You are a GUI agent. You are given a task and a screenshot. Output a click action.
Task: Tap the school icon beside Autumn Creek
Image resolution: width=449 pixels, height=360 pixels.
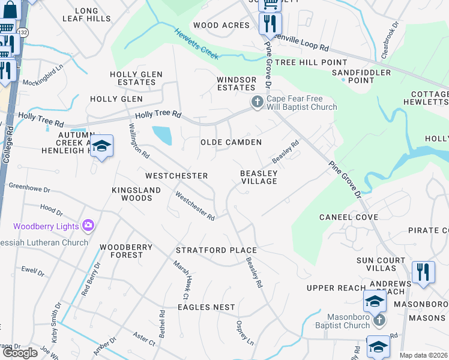coord(102,146)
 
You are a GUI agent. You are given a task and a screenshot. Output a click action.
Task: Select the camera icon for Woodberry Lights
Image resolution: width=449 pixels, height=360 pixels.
coord(88,226)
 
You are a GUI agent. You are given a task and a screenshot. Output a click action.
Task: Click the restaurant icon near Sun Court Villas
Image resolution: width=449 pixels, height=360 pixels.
coord(423,272)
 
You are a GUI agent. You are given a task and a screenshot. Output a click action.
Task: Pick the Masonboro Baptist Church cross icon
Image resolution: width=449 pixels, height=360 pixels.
coord(378,321)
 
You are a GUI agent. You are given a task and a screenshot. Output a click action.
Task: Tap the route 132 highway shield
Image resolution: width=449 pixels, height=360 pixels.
coord(23,31)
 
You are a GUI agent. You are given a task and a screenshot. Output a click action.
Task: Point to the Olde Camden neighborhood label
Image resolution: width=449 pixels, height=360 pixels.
coord(231,142)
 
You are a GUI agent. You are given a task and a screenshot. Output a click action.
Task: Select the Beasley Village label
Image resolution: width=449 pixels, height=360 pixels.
coord(259,177)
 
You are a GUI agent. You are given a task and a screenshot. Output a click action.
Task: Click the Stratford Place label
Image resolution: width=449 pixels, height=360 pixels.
coord(216,250)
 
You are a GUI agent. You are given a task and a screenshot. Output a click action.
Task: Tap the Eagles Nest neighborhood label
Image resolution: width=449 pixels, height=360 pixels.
coord(206,307)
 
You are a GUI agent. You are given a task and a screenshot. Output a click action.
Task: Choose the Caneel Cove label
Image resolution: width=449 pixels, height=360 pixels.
coord(348,217)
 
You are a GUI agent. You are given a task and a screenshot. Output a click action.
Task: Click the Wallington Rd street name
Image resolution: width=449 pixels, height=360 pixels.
coord(139,140)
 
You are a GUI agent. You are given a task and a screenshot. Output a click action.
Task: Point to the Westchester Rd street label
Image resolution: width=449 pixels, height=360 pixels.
coord(195,206)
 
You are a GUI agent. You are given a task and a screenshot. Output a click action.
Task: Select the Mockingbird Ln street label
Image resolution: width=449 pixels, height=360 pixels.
coord(42,83)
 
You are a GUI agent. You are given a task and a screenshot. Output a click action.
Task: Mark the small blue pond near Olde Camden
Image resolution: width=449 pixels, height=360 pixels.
coord(162,135)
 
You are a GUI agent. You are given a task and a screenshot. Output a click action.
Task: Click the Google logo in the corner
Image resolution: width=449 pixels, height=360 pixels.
coord(20,353)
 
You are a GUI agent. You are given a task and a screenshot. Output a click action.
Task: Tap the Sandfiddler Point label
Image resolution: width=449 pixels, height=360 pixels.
coord(361,76)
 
